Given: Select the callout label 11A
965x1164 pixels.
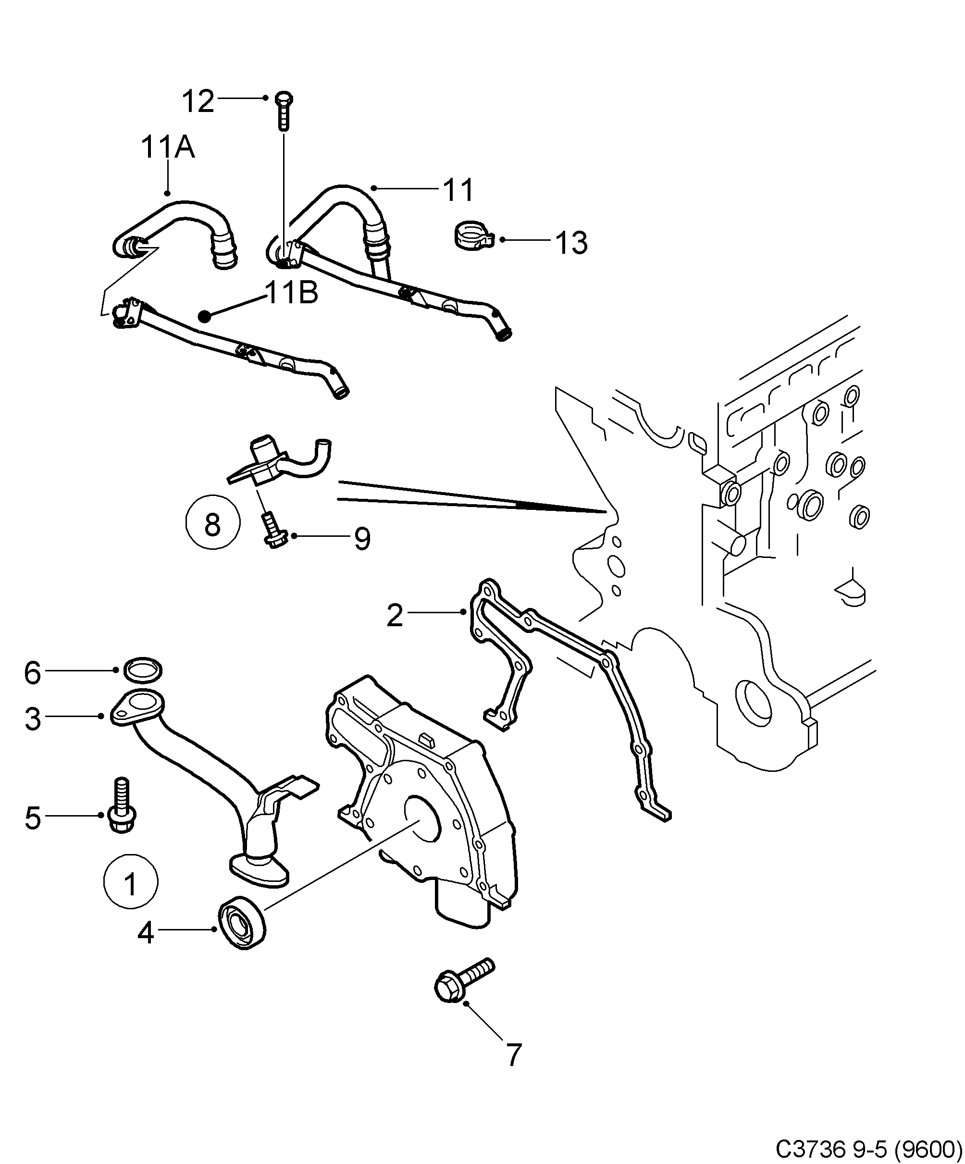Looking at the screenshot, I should [x=167, y=148].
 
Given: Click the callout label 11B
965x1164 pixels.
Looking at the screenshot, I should [x=292, y=293].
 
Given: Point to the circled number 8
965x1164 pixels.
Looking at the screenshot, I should [x=213, y=524].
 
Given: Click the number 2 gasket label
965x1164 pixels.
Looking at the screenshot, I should [x=394, y=616].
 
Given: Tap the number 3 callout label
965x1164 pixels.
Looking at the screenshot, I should [x=33, y=719].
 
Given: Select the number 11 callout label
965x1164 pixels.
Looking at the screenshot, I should [x=458, y=190].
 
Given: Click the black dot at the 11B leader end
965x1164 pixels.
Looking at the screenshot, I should [x=205, y=315].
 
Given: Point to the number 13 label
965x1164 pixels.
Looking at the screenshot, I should [x=571, y=243].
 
